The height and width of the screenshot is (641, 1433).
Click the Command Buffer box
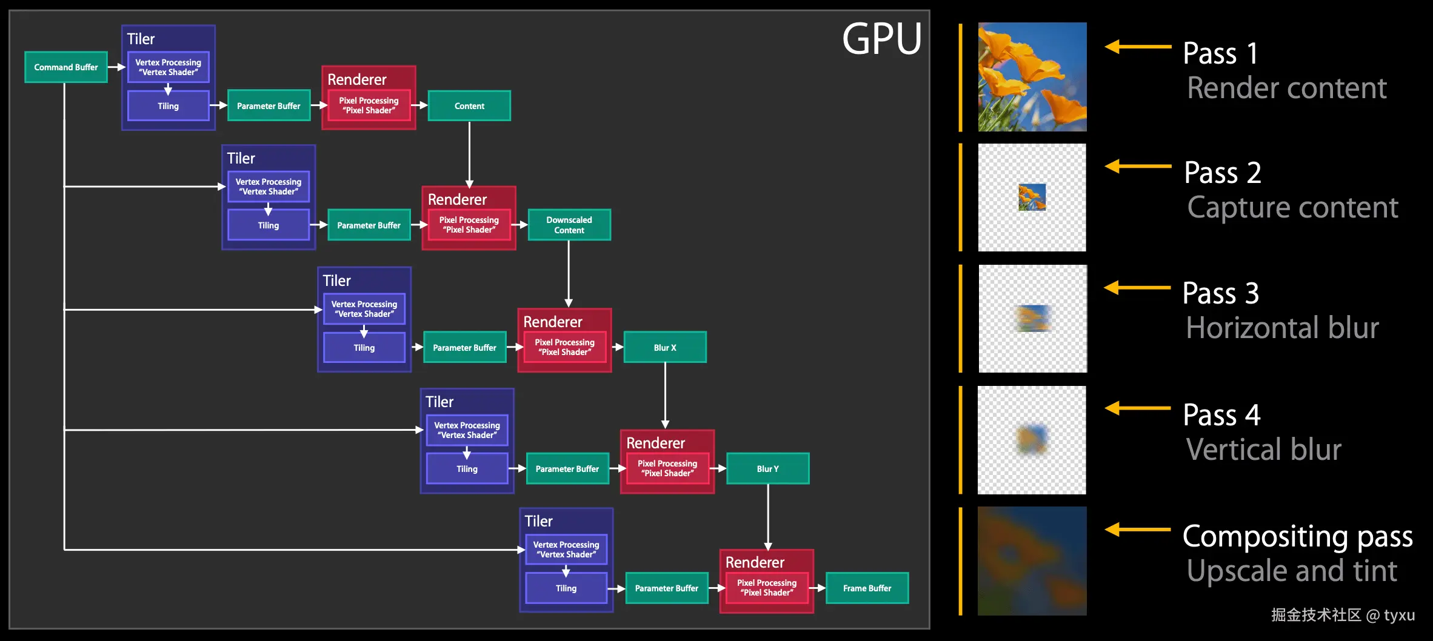tap(65, 67)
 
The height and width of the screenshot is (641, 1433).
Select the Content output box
tap(469, 106)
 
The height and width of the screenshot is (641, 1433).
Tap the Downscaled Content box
tap(569, 225)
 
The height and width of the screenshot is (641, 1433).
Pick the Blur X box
tap(664, 347)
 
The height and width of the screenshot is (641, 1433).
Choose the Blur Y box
tap(767, 468)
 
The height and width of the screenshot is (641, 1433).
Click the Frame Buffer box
tap(867, 588)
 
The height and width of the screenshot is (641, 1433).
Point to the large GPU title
tap(882, 39)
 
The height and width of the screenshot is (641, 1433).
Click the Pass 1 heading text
tap(1220, 53)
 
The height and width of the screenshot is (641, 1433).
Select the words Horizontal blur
tap(1282, 328)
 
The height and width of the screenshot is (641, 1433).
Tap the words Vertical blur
tap(1263, 450)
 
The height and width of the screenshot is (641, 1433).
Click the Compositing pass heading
tap(1297, 537)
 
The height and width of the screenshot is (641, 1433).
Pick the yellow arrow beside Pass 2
tap(1137, 166)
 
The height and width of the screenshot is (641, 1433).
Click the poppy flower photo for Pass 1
tap(1032, 77)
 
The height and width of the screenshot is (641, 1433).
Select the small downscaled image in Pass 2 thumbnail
tap(1032, 198)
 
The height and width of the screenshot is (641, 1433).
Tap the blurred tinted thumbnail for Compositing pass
tap(1032, 561)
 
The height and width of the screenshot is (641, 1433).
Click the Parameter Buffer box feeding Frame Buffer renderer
tap(666, 588)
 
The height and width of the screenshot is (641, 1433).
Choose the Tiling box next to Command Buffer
tap(168, 106)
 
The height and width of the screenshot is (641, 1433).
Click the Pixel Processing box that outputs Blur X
tap(564, 347)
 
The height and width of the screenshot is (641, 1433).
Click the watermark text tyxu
tap(1399, 616)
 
